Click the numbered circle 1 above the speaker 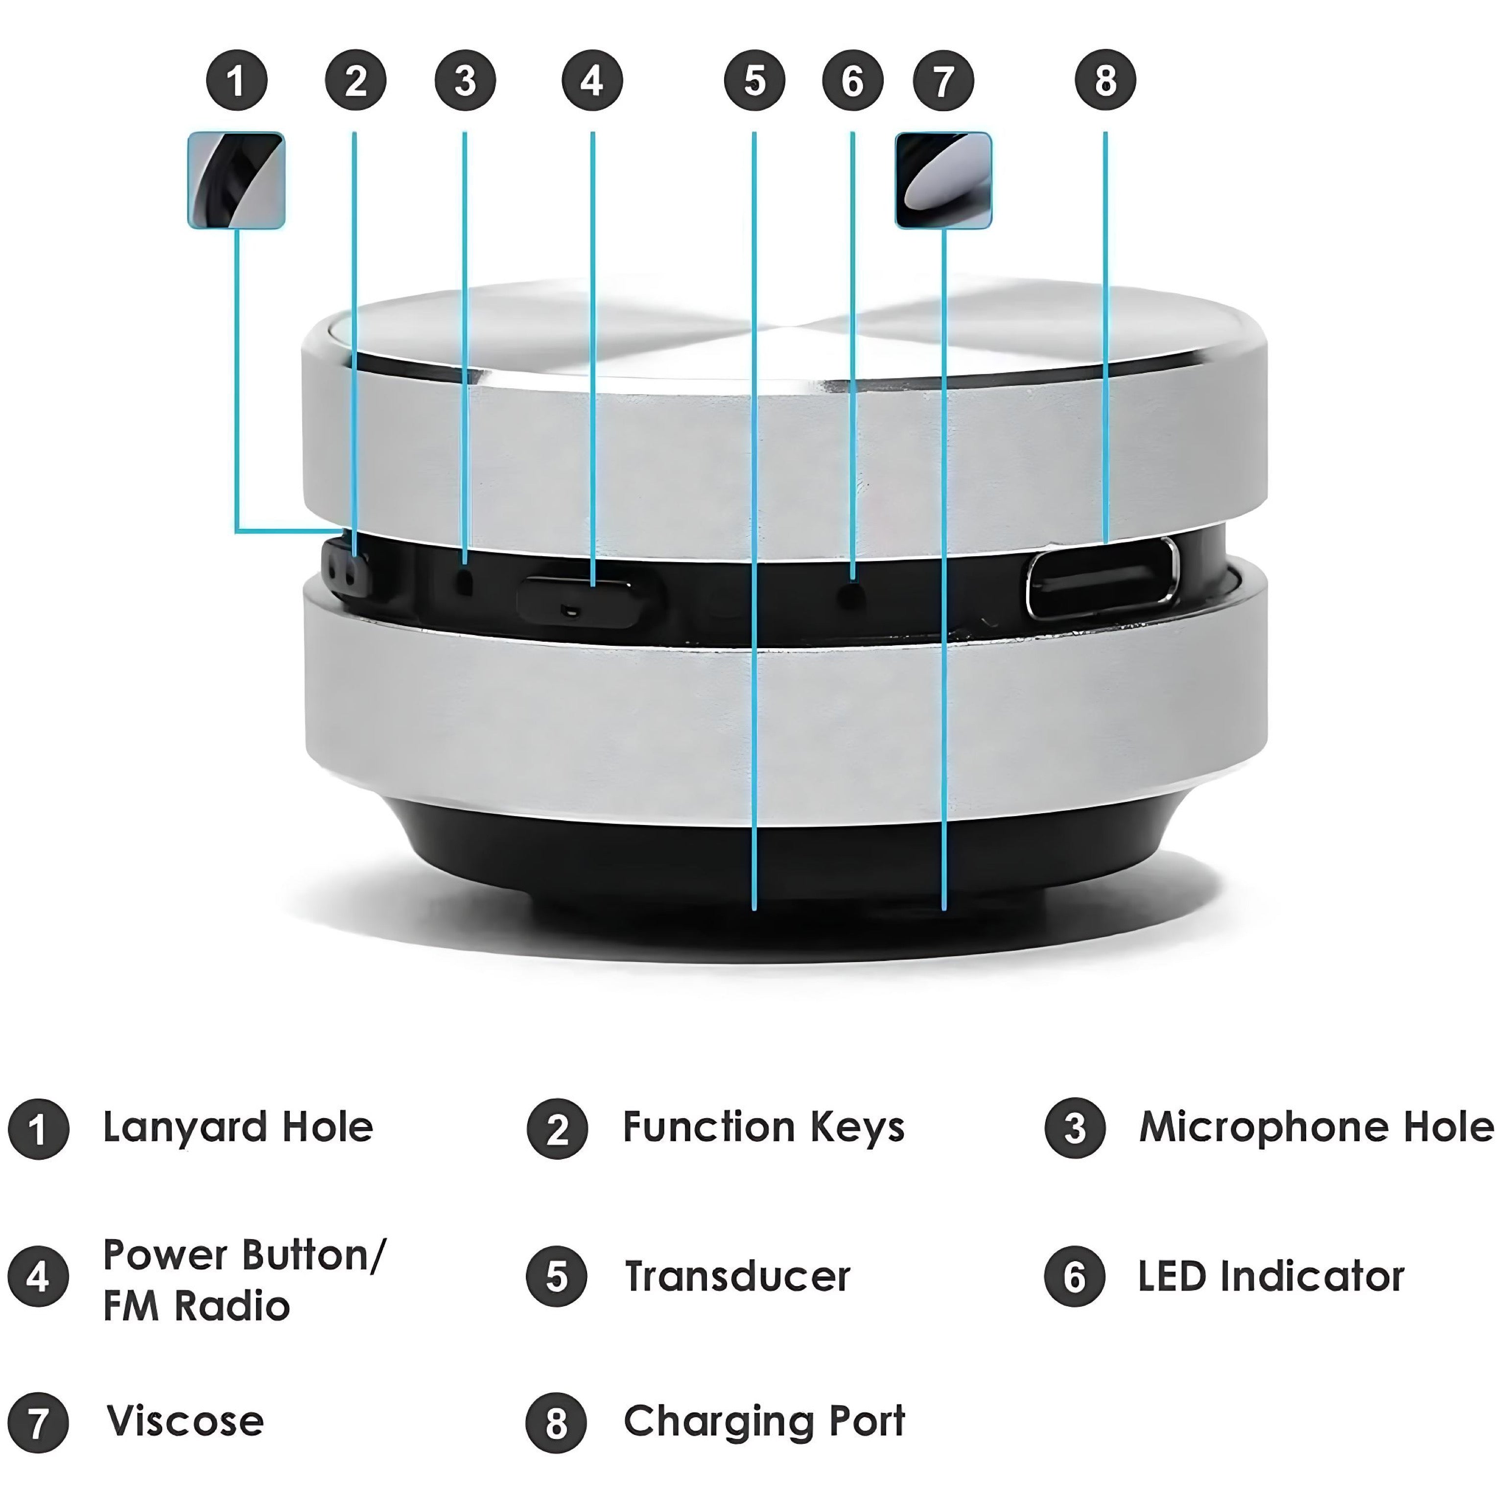tap(236, 80)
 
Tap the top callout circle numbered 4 tap(592, 80)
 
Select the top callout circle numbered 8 tap(1105, 80)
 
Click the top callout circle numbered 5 tap(754, 80)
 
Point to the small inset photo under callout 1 tap(236, 180)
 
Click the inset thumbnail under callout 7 tap(943, 180)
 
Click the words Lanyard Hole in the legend tap(238, 1128)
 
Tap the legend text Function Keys tap(764, 1128)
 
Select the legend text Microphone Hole tap(1316, 1128)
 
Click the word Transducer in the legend tap(737, 1277)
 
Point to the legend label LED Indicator tap(1270, 1277)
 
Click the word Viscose tap(185, 1421)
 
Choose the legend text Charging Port tap(764, 1421)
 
